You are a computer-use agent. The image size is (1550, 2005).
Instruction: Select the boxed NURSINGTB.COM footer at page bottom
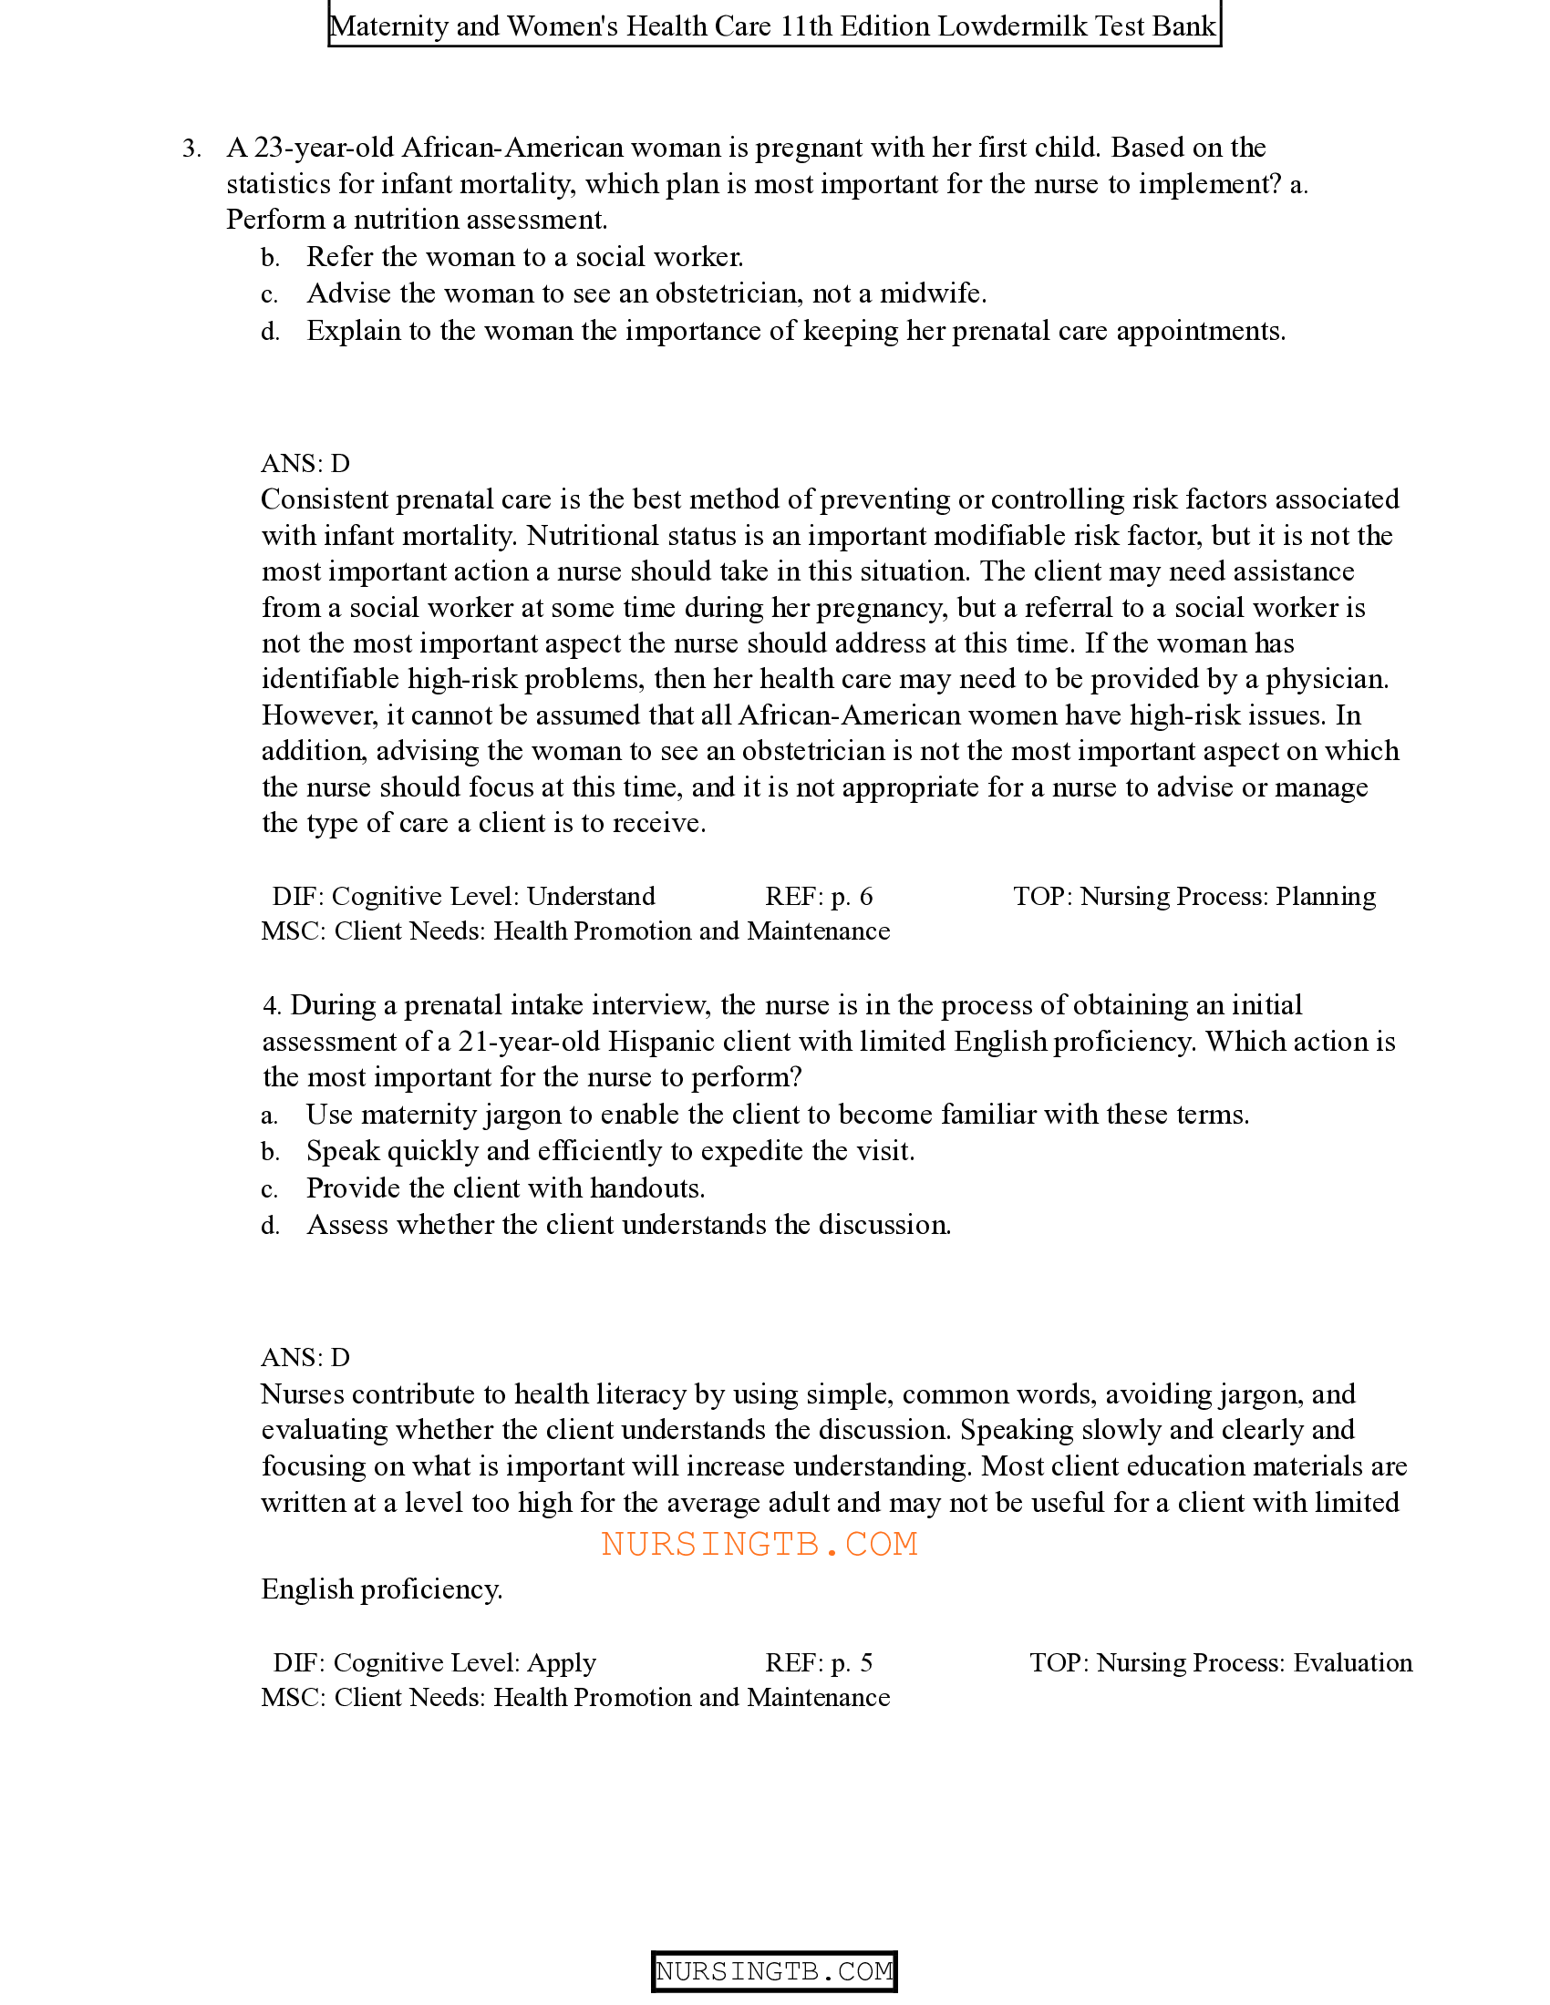coord(774,1971)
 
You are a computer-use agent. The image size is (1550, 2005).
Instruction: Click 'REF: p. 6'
coord(818,896)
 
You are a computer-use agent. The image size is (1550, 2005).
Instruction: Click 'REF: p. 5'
coord(818,1662)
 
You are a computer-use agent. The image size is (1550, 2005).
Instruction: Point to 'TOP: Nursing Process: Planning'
coord(1193,896)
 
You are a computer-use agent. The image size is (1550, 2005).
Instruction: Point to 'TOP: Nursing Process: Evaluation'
coord(1220,1662)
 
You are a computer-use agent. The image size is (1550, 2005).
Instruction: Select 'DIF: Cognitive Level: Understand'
coord(464,896)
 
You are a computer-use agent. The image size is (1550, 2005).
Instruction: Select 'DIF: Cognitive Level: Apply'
coord(434,1662)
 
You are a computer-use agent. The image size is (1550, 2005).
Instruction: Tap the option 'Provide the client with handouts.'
coord(505,1188)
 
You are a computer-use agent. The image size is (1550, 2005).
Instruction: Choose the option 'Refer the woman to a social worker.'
coord(524,257)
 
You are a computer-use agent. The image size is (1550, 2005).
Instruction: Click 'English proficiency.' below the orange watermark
coord(382,1589)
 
